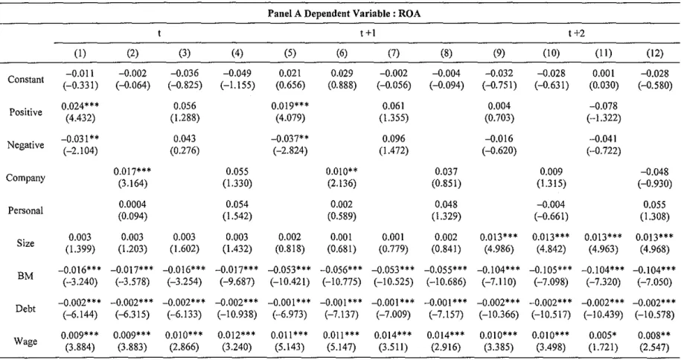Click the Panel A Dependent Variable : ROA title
[344, 13]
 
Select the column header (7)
[394, 54]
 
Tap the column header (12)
[654, 54]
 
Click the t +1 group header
[368, 33]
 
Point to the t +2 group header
[576, 33]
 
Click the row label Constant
[25, 80]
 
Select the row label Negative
[25, 145]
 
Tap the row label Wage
[25, 341]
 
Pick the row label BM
[25, 276]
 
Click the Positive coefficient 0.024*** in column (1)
[80, 106]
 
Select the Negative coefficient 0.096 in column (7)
[394, 139]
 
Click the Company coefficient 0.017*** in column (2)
[132, 172]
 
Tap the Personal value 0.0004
[132, 205]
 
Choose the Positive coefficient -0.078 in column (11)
[604, 106]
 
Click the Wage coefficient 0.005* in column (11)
[604, 335]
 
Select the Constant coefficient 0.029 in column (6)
[342, 74]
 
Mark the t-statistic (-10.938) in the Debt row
[237, 315]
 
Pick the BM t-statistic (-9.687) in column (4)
[237, 282]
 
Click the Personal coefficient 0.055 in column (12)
[654, 205]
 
